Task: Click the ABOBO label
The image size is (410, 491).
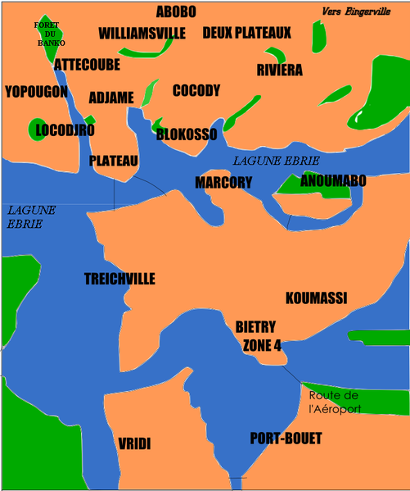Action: pyautogui.click(x=175, y=11)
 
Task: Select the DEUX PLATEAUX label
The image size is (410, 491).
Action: pyautogui.click(x=246, y=34)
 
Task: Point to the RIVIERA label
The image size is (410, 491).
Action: pyautogui.click(x=279, y=70)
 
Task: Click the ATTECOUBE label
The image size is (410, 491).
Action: pyautogui.click(x=88, y=64)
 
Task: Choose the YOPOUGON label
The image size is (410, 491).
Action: pyautogui.click(x=36, y=92)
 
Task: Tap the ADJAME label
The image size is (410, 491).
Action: pyautogui.click(x=110, y=98)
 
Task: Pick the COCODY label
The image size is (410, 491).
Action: pyautogui.click(x=196, y=91)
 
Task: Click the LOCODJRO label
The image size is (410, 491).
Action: pyautogui.click(x=65, y=130)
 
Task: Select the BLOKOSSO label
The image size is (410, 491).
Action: pyautogui.click(x=187, y=134)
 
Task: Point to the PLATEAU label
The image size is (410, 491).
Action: pyautogui.click(x=114, y=161)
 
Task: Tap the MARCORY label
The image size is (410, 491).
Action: pyautogui.click(x=223, y=182)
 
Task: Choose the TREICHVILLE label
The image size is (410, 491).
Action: pyautogui.click(x=119, y=280)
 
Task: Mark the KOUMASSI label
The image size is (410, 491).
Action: pyautogui.click(x=316, y=298)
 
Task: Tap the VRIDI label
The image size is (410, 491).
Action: pyautogui.click(x=135, y=443)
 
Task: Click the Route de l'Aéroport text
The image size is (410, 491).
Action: pyautogui.click(x=334, y=402)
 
